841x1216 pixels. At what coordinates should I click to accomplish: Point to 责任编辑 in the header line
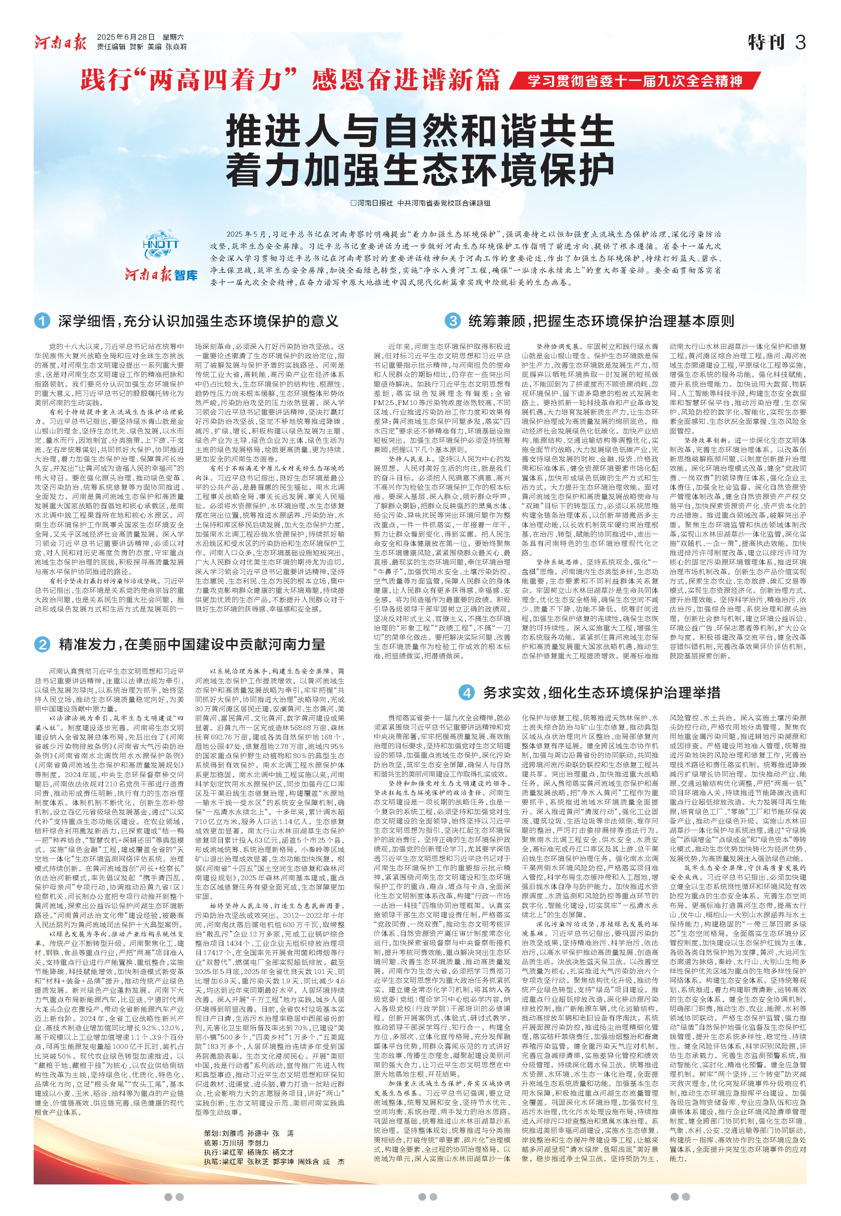pos(111,47)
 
